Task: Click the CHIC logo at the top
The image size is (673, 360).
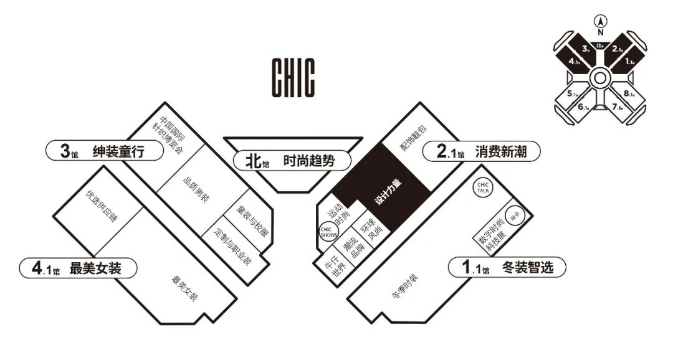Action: pos(293,77)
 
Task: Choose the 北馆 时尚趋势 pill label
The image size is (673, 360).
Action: pos(290,161)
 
